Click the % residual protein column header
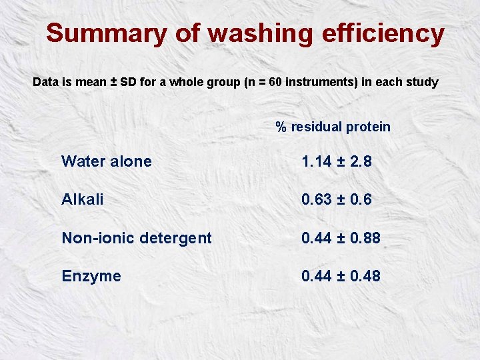click(333, 127)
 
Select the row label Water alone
click(107, 161)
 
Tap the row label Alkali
click(83, 199)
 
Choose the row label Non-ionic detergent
click(137, 237)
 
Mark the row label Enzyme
click(91, 276)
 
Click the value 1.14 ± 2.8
click(336, 161)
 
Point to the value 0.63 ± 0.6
click(336, 199)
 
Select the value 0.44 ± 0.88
click(341, 237)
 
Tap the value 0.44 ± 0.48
click(341, 275)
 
